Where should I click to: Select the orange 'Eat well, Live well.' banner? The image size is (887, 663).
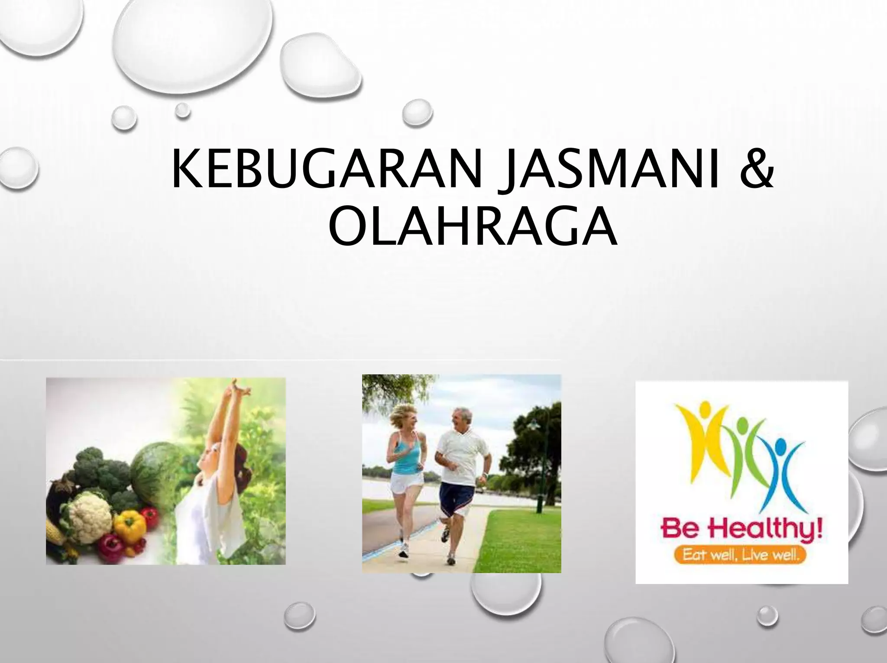point(741,555)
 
